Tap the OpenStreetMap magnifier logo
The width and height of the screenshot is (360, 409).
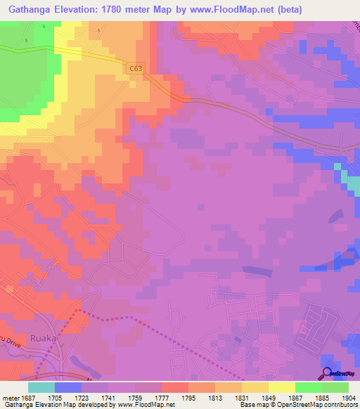327,373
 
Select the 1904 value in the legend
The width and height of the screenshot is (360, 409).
349,396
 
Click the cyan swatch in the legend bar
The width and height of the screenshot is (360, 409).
41,387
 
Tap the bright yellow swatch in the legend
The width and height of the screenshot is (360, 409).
281,387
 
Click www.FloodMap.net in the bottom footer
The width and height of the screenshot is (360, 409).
146,405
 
